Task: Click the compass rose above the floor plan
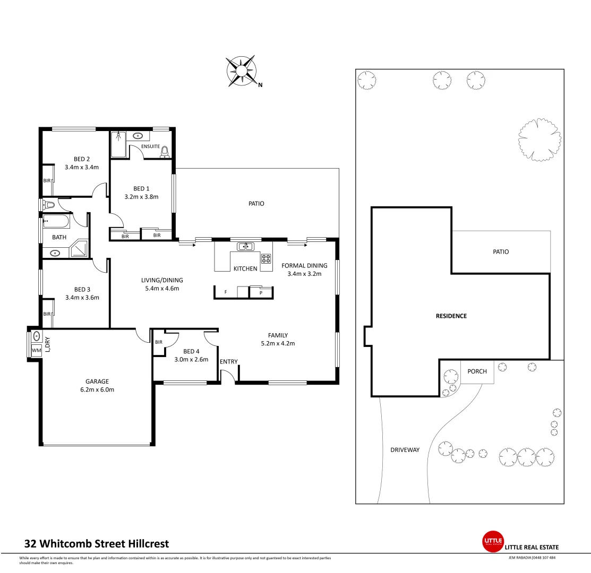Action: click(x=242, y=72)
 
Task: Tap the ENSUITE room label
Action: click(x=151, y=146)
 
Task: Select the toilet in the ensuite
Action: click(x=165, y=152)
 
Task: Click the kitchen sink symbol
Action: click(x=245, y=246)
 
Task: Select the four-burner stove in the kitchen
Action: click(x=265, y=259)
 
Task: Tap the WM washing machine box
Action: click(x=36, y=350)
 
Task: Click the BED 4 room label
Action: click(x=191, y=351)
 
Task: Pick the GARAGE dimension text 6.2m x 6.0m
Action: click(x=97, y=389)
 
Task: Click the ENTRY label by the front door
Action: click(x=229, y=362)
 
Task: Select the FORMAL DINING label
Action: click(x=304, y=266)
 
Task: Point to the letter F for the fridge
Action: click(x=226, y=292)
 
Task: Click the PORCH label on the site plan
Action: click(x=477, y=371)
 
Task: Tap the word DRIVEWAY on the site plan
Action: click(x=405, y=450)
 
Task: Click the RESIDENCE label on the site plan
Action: click(x=451, y=316)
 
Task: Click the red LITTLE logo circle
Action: click(x=492, y=541)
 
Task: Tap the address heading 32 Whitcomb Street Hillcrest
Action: click(x=97, y=543)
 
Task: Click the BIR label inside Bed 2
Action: click(x=47, y=181)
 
